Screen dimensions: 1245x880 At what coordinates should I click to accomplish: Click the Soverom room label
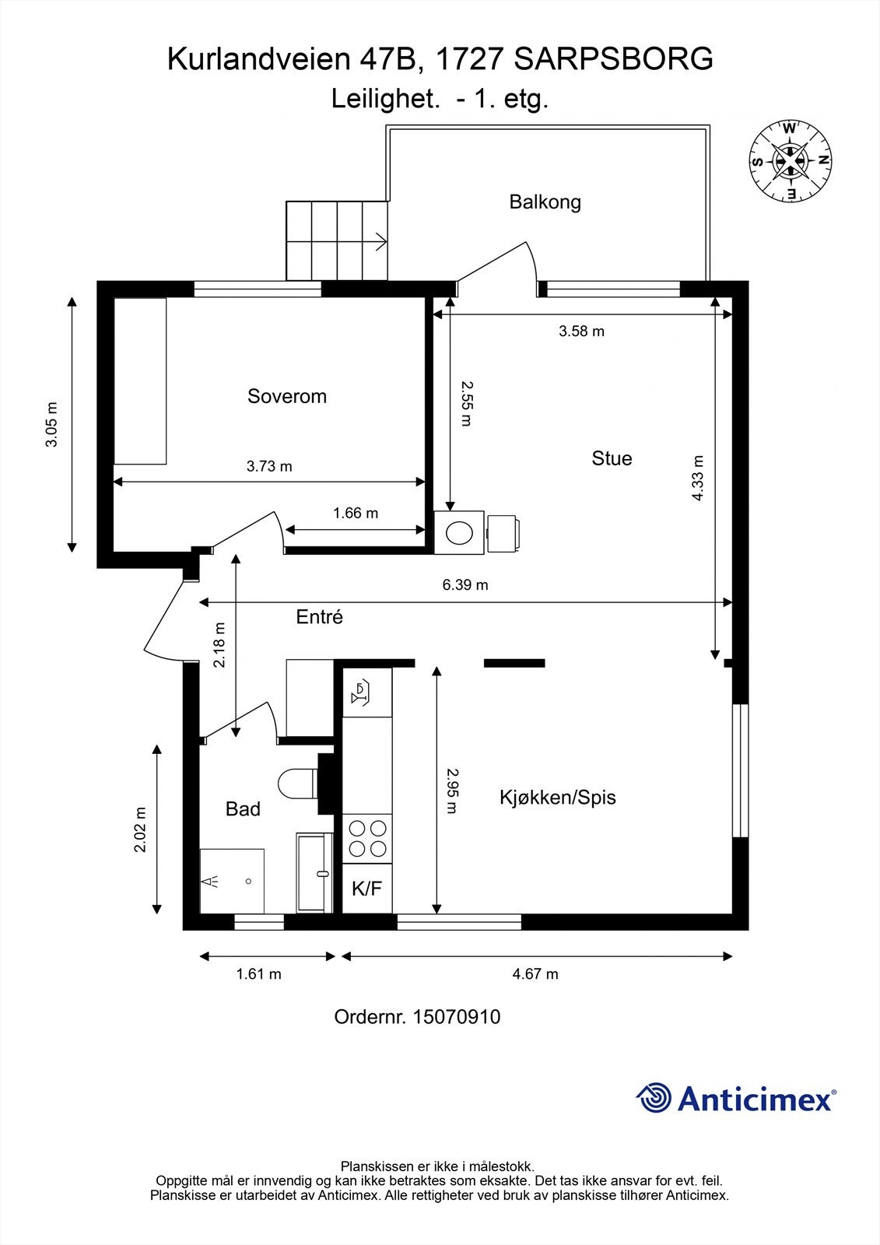286,396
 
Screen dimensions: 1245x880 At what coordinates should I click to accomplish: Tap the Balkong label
545,202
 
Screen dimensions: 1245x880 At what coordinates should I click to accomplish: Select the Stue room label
612,458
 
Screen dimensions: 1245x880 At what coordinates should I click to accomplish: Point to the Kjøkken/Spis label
557,798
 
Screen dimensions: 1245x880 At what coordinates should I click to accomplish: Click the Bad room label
243,809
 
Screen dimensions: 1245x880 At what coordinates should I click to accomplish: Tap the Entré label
319,617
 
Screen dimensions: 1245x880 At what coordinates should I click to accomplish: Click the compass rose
791,161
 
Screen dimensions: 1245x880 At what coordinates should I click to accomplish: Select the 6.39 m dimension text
465,585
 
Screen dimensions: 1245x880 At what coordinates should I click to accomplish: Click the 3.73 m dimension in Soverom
269,467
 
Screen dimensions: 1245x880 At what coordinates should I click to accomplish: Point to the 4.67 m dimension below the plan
535,974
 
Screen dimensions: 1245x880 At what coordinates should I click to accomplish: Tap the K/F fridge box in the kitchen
367,889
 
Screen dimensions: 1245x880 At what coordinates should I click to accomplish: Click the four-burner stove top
367,838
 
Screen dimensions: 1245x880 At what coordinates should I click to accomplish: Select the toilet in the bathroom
297,784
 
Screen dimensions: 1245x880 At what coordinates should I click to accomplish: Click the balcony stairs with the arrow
337,240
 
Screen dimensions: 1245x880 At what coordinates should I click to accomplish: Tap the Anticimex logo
736,1099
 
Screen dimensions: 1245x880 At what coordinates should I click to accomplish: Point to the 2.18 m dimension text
219,644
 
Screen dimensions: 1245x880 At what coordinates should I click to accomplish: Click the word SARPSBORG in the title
614,59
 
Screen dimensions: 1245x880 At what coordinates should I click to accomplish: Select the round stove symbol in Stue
458,533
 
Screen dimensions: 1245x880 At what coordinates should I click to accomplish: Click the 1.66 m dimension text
356,514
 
